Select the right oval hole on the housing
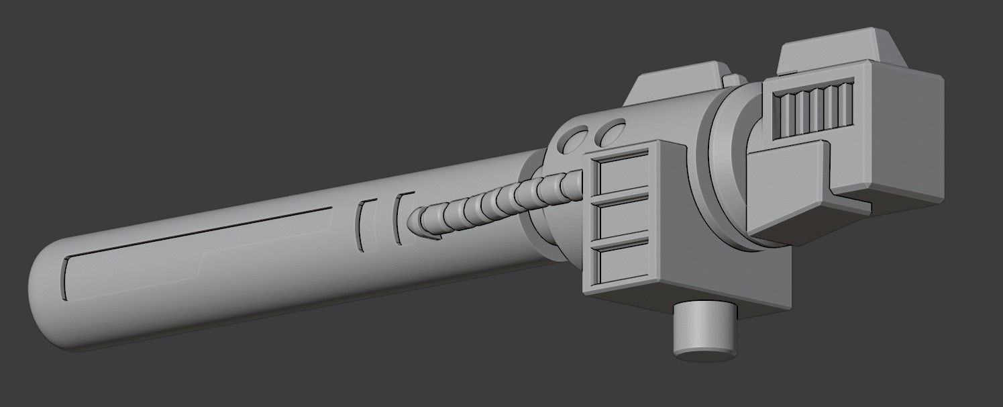point(612,132)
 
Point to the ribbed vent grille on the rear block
point(812,108)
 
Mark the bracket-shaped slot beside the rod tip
point(401,218)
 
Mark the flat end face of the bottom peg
point(704,352)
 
